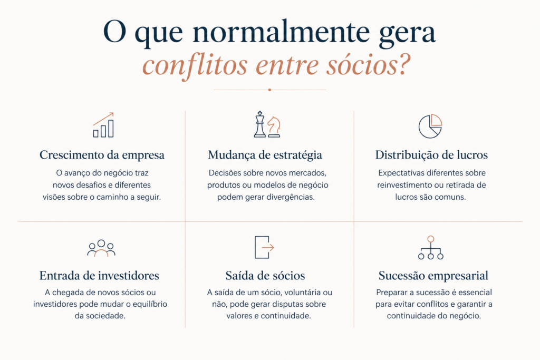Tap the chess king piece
click(260, 124)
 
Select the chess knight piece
click(274, 127)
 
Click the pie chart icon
click(430, 127)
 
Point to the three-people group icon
click(101, 248)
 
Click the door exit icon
click(264, 247)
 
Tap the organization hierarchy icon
click(430, 247)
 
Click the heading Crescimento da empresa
click(102, 155)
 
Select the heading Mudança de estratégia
click(265, 155)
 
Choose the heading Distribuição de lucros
click(431, 155)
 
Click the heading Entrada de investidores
click(99, 276)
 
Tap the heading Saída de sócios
click(265, 276)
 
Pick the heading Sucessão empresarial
click(433, 276)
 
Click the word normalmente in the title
click(281, 32)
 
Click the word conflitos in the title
click(195, 65)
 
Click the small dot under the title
click(269, 90)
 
